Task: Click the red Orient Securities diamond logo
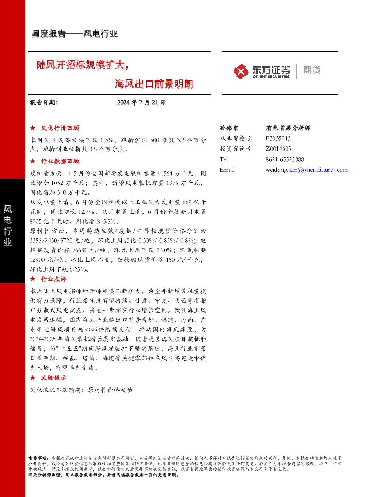pos(241,71)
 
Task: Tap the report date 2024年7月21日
pos(141,103)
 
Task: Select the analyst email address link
pos(307,170)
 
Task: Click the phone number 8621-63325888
pos(285,159)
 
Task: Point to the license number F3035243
pos(278,138)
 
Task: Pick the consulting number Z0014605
pos(279,149)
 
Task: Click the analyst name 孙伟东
pos(229,128)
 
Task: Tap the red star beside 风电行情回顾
pos(33,128)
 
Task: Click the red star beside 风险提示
pos(33,377)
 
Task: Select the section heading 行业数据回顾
pos(60,161)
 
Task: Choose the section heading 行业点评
pos(53,279)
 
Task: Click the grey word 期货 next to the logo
pos(312,70)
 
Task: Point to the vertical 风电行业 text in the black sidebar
pos(8,225)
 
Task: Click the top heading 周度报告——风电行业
pos(75,34)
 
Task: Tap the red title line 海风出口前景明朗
pos(154,84)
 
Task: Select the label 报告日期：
pos(44,103)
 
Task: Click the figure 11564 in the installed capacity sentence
pos(165,173)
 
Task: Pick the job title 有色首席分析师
pos(289,128)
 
